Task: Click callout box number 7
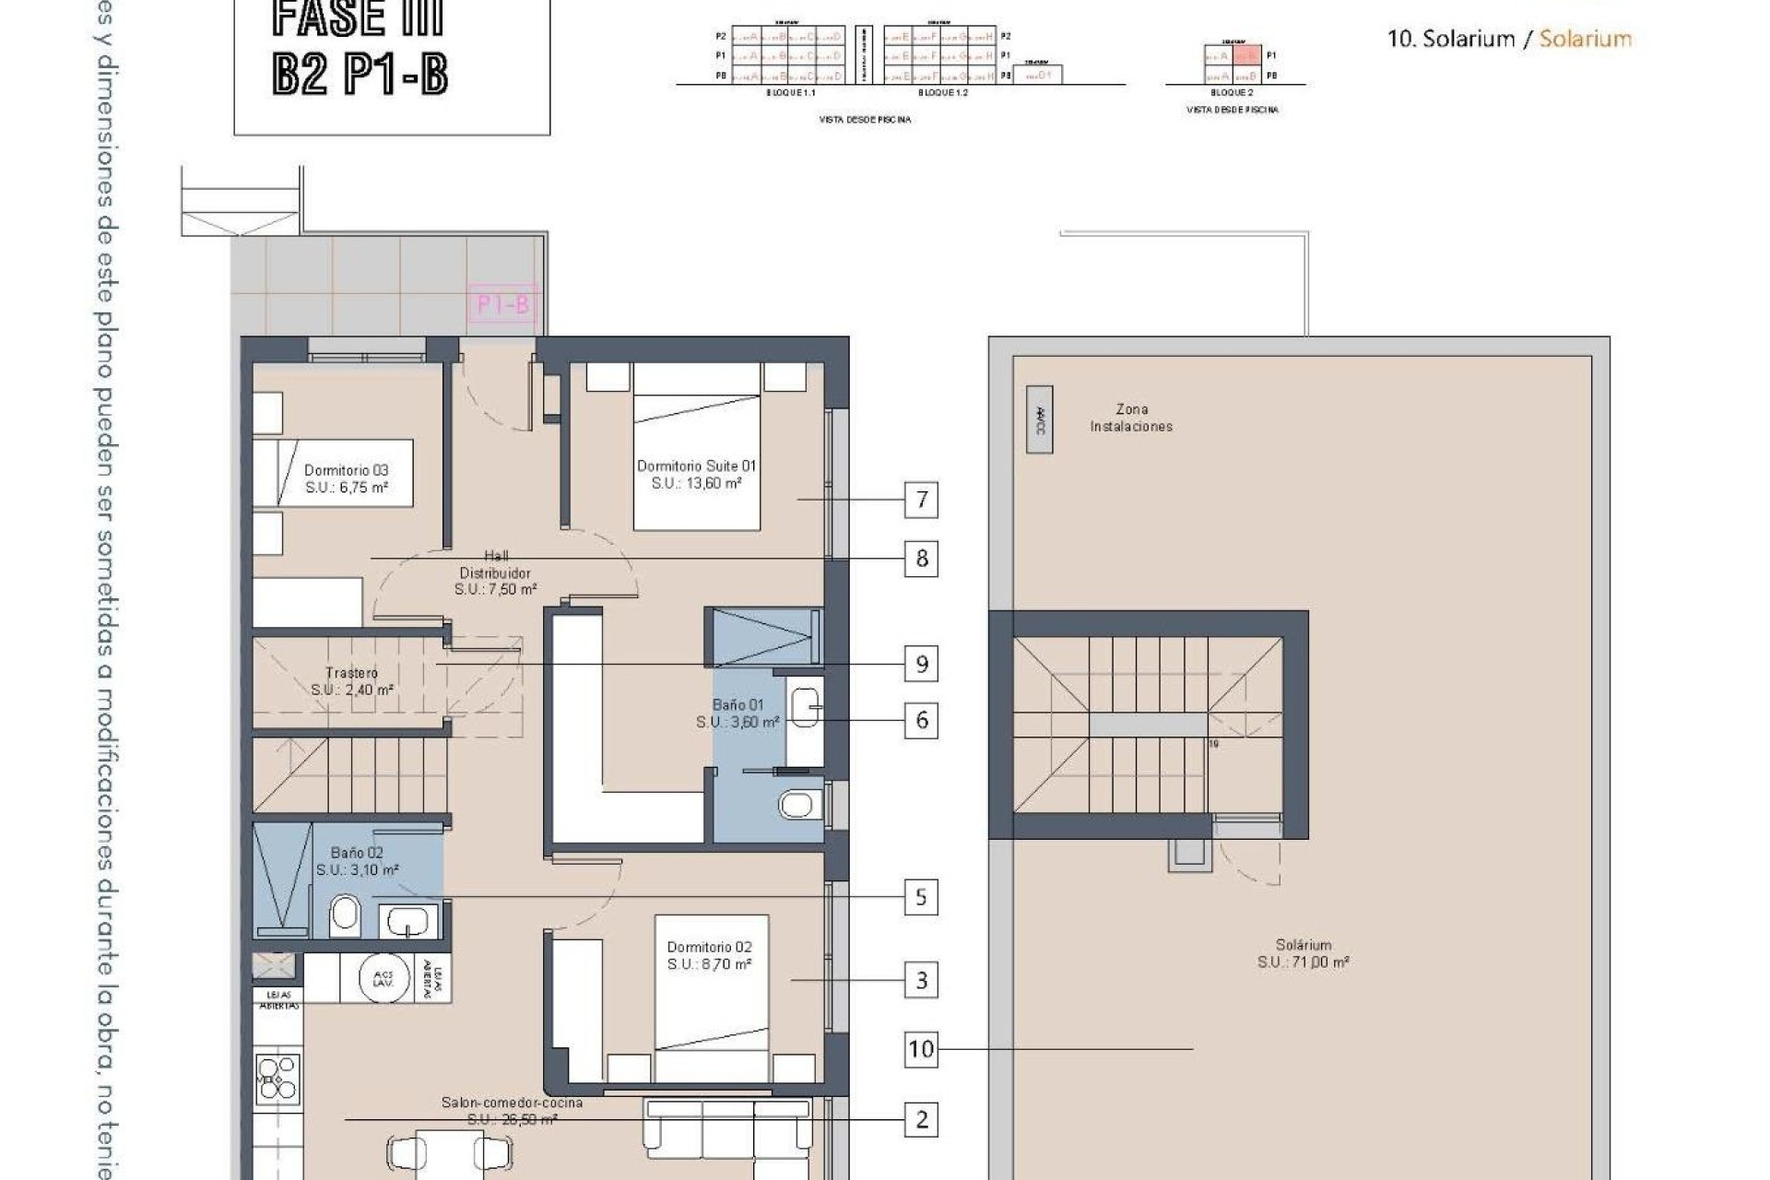tap(921, 500)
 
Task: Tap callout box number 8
tap(921, 559)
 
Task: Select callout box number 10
tap(921, 1049)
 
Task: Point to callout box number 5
tap(921, 897)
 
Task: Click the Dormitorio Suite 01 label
tap(696, 474)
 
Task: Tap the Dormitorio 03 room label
tap(346, 478)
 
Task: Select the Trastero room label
tap(351, 681)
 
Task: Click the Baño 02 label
tap(357, 861)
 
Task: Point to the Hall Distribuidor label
tap(495, 572)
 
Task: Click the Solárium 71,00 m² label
tap(1303, 953)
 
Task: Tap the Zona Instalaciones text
tap(1131, 418)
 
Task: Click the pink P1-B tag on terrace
tap(502, 304)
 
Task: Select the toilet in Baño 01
tap(797, 805)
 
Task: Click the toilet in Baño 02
tap(345, 914)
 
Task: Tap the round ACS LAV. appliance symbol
tap(383, 978)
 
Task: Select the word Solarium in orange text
tap(1585, 39)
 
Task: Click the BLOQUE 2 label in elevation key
tap(1231, 93)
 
